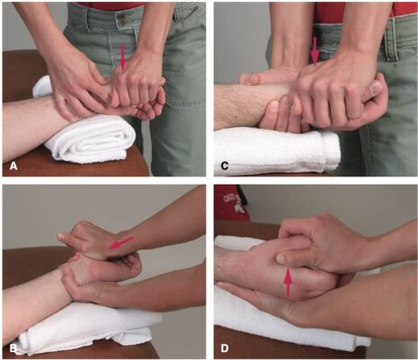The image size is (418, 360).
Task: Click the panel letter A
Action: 13,166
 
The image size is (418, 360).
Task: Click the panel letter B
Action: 13,348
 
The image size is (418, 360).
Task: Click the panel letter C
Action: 224,166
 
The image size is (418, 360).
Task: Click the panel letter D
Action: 225,348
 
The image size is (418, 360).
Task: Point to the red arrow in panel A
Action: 122,57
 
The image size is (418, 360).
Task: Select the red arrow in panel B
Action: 120,242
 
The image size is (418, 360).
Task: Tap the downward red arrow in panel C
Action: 315,51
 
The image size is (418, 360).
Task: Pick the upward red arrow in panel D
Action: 288,283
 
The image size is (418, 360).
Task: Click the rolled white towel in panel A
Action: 90,138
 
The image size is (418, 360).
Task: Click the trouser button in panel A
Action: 122,18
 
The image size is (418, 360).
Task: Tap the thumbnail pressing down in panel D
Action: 280,257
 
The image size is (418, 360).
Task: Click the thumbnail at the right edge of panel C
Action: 377,87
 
